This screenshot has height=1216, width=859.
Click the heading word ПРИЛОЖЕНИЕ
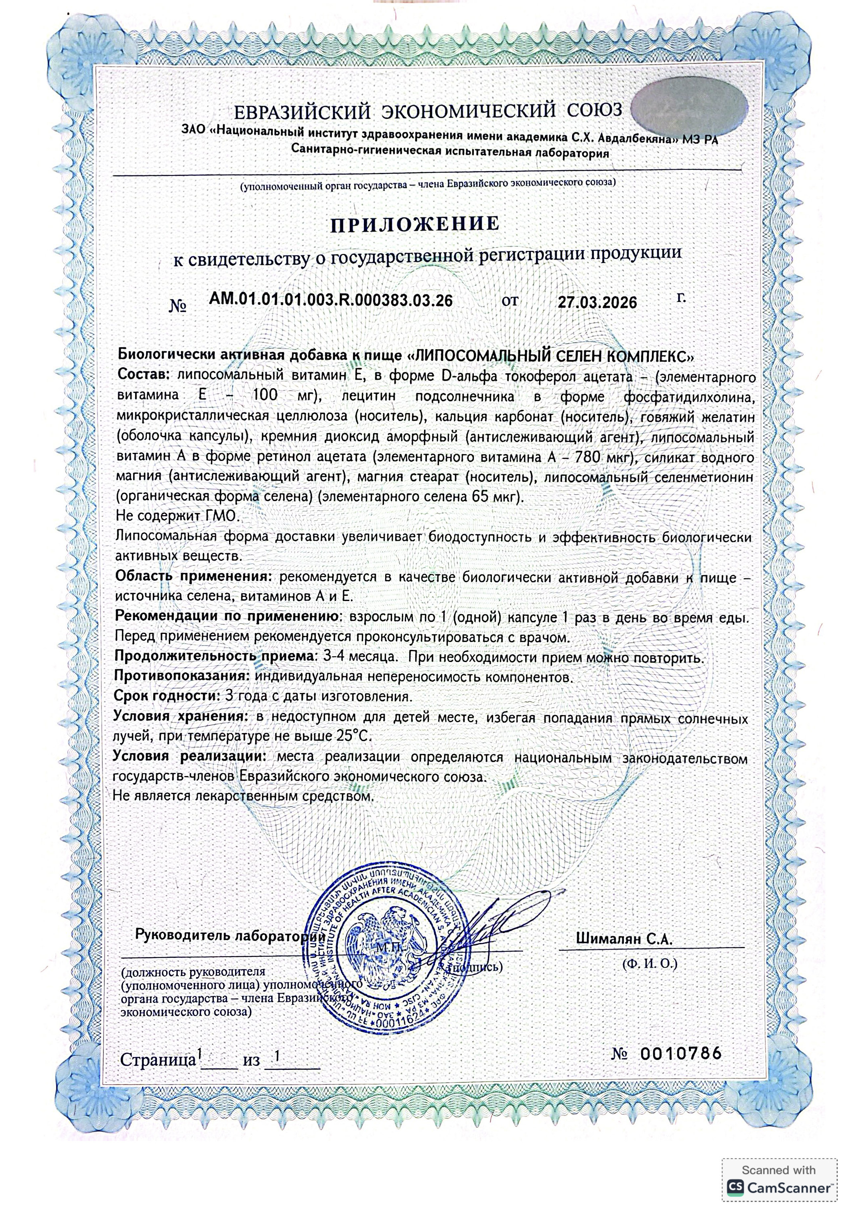[x=414, y=224]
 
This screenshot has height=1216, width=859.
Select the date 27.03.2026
[x=597, y=302]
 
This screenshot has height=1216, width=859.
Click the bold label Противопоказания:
[x=181, y=677]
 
